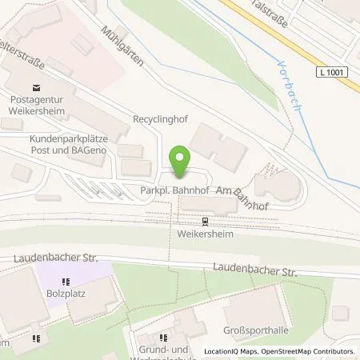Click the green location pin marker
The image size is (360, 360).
tap(181, 162)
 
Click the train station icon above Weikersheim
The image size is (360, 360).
tap(205, 221)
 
